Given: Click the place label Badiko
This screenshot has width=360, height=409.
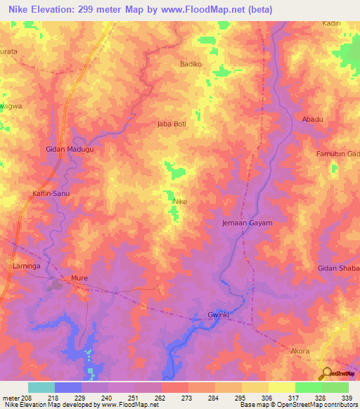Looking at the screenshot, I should (191, 64).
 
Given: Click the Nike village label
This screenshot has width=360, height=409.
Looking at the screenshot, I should (179, 201).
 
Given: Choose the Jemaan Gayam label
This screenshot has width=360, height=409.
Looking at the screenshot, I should (242, 223).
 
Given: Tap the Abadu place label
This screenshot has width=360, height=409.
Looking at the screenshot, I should (312, 119).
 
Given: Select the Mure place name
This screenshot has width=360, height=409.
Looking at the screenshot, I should (79, 278).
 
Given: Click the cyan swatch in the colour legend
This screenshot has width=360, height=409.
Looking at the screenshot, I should (41, 387).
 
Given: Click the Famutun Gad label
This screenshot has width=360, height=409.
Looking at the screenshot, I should (337, 153).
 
